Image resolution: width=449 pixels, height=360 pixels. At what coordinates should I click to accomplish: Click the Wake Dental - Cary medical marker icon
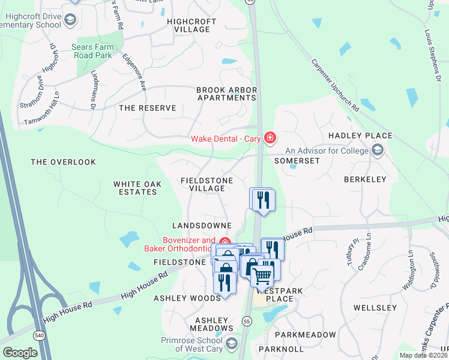(x=270, y=139)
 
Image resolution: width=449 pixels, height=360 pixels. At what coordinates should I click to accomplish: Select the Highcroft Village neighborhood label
(x=191, y=25)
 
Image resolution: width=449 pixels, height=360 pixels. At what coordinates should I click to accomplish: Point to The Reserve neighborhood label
(x=148, y=108)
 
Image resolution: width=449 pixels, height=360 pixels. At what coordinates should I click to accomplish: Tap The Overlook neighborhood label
(x=64, y=162)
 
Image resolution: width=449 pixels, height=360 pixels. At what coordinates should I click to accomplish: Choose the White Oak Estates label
(x=136, y=188)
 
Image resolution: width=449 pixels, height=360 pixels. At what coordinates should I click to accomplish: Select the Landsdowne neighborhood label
(x=202, y=226)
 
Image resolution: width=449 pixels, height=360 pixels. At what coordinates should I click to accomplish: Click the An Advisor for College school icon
(x=378, y=150)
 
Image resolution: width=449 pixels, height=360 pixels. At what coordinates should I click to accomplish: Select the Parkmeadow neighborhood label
(x=306, y=334)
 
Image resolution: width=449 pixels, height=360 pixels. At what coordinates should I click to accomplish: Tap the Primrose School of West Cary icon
(x=232, y=344)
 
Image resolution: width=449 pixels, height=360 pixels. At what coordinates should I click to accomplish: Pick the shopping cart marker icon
(x=262, y=276)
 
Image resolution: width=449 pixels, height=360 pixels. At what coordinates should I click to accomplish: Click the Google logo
(x=20, y=353)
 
